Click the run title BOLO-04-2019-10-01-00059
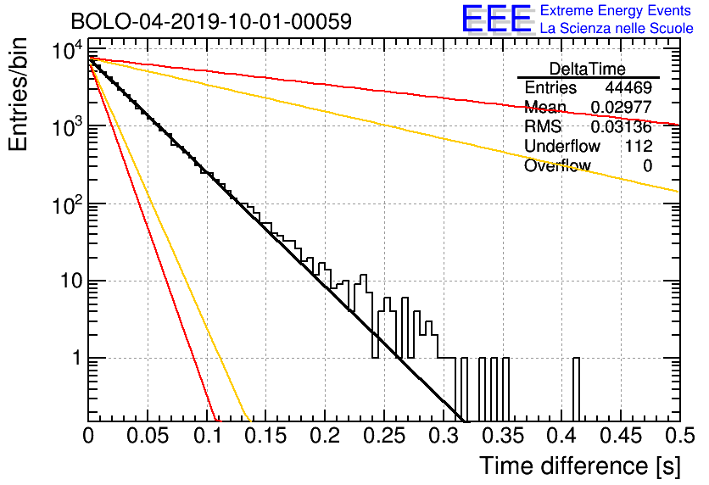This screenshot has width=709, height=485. click(199, 20)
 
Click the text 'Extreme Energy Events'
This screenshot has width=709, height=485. click(616, 11)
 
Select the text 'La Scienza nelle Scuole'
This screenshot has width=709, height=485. click(617, 29)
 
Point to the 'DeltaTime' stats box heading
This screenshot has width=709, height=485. click(588, 69)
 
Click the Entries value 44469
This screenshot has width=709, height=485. click(628, 88)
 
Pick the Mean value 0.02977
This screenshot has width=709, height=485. click(621, 108)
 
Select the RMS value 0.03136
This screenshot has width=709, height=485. click(621, 127)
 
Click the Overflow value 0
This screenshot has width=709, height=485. click(647, 166)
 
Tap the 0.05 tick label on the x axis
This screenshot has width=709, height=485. click(148, 436)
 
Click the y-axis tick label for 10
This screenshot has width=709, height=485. click(70, 282)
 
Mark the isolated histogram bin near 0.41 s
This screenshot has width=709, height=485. click(577, 389)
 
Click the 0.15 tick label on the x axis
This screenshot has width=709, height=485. click(265, 436)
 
